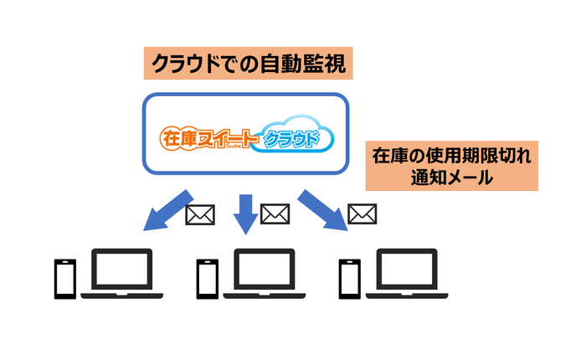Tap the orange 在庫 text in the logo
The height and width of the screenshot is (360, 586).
pyautogui.click(x=177, y=137)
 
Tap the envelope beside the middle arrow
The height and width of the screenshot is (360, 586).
pyautogui.click(x=275, y=214)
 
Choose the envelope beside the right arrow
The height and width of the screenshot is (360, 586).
pyautogui.click(x=361, y=214)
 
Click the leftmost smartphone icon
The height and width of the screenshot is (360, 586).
pyautogui.click(x=64, y=279)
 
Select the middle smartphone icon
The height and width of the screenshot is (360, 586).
pyautogui.click(x=207, y=279)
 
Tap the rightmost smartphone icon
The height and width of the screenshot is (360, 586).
pyautogui.click(x=349, y=279)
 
